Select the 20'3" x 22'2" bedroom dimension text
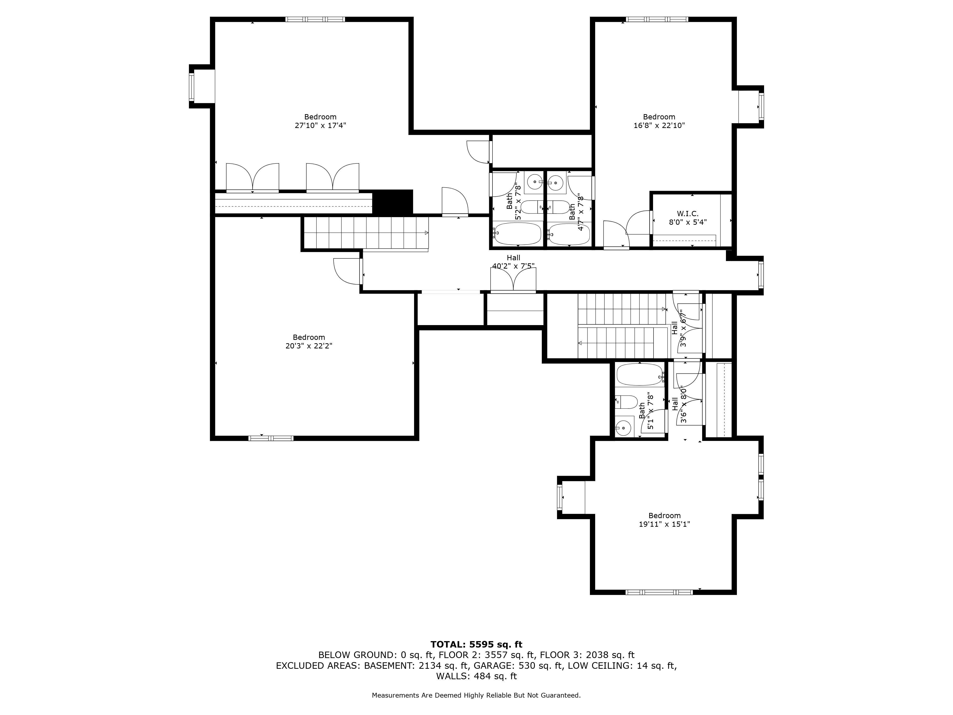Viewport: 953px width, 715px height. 309,346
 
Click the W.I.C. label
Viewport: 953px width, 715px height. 688,214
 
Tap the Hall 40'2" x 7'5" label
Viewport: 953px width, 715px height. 514,262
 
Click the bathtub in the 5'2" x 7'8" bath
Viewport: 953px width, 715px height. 517,233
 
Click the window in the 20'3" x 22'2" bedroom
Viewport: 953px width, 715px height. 271,438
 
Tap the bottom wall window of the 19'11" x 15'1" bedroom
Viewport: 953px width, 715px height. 659,592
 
